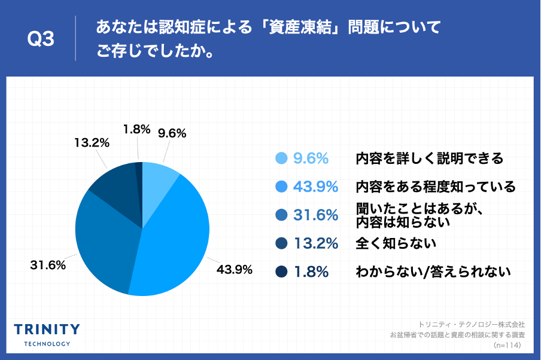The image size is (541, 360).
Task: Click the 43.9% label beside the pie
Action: click(x=234, y=269)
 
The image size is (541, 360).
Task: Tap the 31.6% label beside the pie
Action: click(x=48, y=264)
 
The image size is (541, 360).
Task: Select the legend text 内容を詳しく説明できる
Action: click(x=429, y=158)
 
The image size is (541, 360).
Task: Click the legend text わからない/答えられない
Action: click(x=433, y=272)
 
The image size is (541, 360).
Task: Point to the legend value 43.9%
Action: click(x=316, y=187)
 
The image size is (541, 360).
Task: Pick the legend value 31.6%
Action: click(x=316, y=215)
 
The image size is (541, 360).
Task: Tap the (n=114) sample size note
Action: click(x=507, y=345)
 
